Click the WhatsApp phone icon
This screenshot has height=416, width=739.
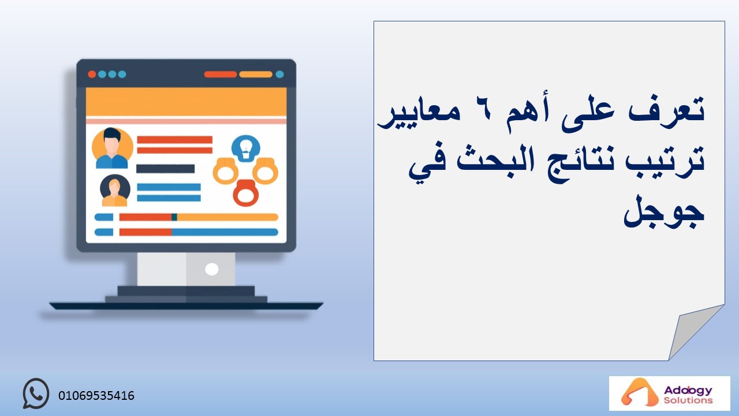pos(36,393)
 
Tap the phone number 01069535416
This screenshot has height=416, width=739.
pos(96,396)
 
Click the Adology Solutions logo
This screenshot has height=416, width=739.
pos(669,393)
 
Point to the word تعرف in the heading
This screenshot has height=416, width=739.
pos(666,110)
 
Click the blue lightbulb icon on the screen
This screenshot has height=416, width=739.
pos(246,148)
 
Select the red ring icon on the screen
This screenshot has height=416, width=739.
pos(246,193)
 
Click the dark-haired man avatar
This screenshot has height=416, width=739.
pos(112,148)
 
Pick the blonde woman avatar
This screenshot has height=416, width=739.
pos(115,191)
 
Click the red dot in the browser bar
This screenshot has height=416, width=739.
pos(92,75)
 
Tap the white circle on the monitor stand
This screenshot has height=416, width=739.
pos(211,269)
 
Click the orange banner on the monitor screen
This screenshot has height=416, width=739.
pos(186,102)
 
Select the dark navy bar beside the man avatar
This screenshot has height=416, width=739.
pos(165,169)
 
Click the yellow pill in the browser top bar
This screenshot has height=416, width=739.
pos(256,75)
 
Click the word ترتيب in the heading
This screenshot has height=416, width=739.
pos(663,161)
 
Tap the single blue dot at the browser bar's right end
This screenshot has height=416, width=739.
pos(280,75)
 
